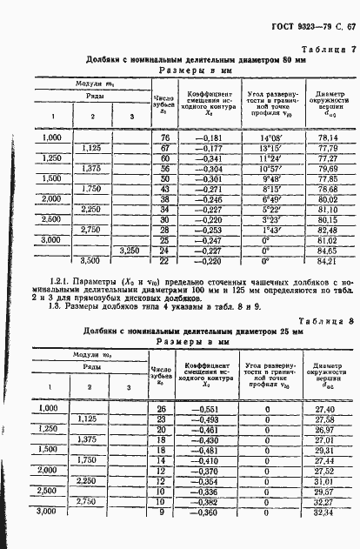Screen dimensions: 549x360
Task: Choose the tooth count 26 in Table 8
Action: tap(162, 408)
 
